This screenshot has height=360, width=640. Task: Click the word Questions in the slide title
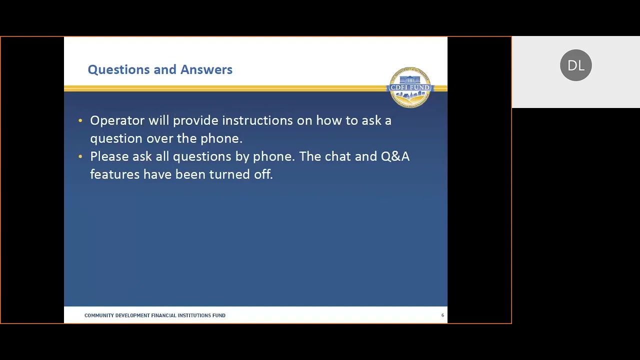click(x=113, y=69)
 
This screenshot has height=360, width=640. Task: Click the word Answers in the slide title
click(x=206, y=69)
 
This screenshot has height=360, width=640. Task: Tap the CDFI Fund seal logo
click(x=410, y=87)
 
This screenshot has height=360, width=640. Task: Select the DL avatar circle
click(x=575, y=65)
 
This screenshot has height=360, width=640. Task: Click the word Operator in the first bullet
click(x=117, y=120)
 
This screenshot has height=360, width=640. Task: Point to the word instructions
click(x=264, y=120)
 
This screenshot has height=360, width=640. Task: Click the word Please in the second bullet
click(x=109, y=156)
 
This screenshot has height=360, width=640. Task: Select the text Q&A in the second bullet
click(x=395, y=156)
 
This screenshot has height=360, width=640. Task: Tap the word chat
click(x=337, y=156)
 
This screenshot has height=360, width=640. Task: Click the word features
click(x=114, y=174)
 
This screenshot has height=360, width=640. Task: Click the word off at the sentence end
click(x=263, y=174)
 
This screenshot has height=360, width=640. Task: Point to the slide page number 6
click(x=442, y=315)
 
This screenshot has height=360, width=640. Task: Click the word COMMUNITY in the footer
click(x=98, y=315)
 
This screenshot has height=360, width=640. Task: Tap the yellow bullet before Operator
click(x=80, y=120)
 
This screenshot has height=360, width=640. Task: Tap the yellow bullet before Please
click(x=80, y=156)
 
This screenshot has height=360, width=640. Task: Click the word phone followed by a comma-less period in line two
click(x=220, y=138)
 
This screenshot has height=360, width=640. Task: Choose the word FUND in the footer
click(x=219, y=315)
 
